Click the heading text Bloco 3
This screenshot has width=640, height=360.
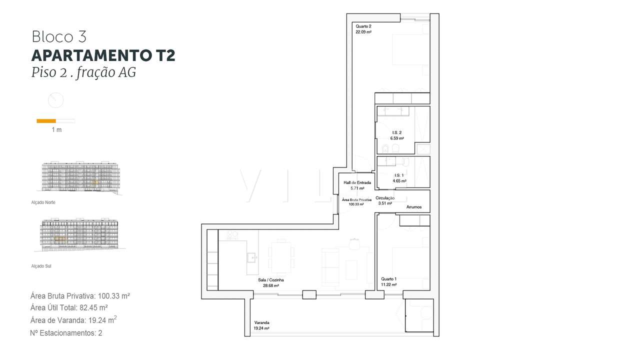[x=59, y=36]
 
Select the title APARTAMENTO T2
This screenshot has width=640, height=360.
[x=103, y=55]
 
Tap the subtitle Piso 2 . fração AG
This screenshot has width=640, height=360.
[x=83, y=72]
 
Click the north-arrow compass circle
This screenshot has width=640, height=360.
[x=55, y=100]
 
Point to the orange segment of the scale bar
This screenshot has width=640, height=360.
[x=46, y=120]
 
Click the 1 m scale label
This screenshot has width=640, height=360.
[x=56, y=130]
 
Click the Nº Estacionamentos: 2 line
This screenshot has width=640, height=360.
[x=66, y=332]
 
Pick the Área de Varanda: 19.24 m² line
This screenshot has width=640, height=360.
[x=73, y=320]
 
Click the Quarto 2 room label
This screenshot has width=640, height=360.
[x=363, y=26]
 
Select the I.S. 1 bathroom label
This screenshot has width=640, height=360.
[x=398, y=175]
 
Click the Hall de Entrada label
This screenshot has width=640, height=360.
[x=357, y=182]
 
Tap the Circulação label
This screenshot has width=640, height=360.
[x=385, y=198]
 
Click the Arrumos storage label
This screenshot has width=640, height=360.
[x=414, y=207]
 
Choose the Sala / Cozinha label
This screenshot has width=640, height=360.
[x=270, y=280]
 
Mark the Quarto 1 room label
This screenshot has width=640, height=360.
[x=388, y=279]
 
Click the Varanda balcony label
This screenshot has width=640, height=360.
[x=261, y=322]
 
